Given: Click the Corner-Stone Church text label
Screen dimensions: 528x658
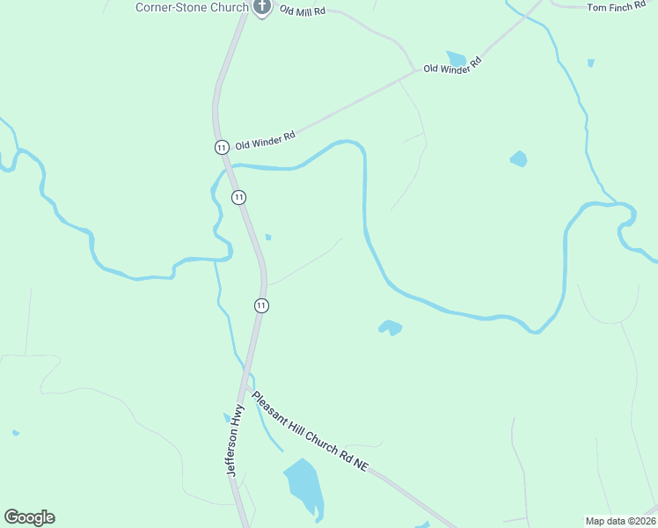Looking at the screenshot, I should pyautogui.click(x=192, y=7).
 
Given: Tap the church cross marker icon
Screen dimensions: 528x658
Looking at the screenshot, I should pyautogui.click(x=261, y=7).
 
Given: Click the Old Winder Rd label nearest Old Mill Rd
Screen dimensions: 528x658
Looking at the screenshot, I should pyautogui.click(x=454, y=65).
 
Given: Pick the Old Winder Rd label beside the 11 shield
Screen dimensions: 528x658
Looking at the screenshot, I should pyautogui.click(x=265, y=140).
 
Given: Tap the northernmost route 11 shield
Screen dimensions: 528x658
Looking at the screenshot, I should pyautogui.click(x=221, y=146).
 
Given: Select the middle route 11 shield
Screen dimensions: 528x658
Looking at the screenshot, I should pyautogui.click(x=238, y=197).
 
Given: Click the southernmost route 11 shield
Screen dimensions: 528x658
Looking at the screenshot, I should pyautogui.click(x=261, y=305).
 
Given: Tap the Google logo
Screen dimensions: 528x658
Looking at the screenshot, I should pyautogui.click(x=29, y=517).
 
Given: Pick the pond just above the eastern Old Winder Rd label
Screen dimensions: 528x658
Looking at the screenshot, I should pyautogui.click(x=456, y=58).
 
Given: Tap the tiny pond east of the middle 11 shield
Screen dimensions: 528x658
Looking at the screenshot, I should pyautogui.click(x=268, y=237).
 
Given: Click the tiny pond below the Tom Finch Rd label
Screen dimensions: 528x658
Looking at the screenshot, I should pyautogui.click(x=590, y=63).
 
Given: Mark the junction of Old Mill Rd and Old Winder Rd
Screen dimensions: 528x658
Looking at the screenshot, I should pyautogui.click(x=414, y=70).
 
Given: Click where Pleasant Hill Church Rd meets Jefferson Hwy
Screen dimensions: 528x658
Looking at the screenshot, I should pyautogui.click(x=249, y=385).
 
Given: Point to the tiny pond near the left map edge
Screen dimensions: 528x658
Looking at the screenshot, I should pyautogui.click(x=16, y=433).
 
